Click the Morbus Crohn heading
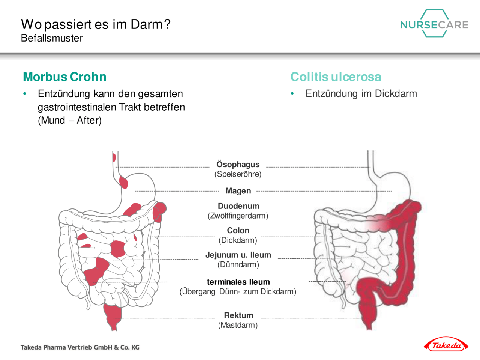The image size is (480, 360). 64,77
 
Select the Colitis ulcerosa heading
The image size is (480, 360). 336,77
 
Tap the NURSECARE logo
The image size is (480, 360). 434,23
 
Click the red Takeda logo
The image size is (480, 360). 446,346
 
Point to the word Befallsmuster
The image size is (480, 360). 52,38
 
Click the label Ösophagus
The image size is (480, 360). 238,164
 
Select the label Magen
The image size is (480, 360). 238,191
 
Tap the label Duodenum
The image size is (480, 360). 238,206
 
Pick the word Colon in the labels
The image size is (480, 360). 238,230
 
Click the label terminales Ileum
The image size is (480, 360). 238,282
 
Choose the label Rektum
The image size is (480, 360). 238,315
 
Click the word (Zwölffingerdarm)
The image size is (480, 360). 238,216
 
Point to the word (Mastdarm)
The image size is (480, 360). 238,325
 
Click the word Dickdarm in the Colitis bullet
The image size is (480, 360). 396,93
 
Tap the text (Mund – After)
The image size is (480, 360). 69,120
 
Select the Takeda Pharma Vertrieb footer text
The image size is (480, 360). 80,347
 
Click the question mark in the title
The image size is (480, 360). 167,24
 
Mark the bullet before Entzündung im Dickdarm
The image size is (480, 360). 292,94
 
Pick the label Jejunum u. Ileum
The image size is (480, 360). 238,255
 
